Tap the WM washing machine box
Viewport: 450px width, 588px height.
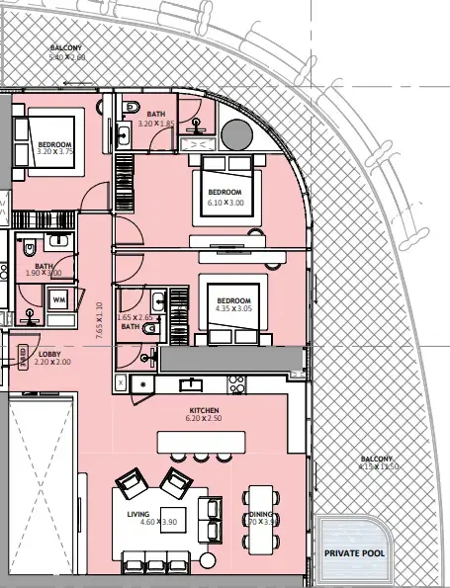58,298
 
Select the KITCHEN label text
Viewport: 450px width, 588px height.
204,409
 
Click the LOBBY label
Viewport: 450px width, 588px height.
50,353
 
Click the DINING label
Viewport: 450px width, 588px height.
261,514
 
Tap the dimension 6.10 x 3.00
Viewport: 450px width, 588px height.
225,202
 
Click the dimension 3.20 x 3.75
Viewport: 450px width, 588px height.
54,152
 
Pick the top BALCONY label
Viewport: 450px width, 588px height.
66,47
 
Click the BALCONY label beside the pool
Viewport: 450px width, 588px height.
376,459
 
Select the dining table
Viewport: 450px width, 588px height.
260,515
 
